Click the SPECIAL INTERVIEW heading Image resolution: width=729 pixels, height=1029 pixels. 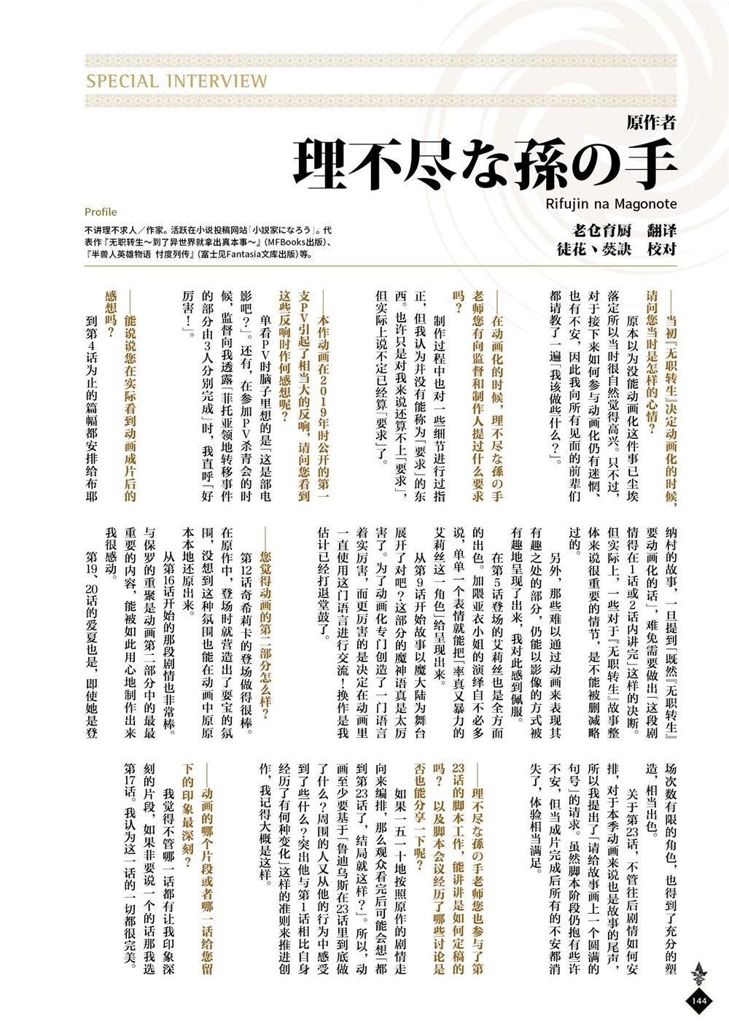(176, 81)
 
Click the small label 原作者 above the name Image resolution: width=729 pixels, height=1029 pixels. (651, 123)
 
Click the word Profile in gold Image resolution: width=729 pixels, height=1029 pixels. (101, 212)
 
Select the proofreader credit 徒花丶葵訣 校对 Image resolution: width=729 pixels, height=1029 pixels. (616, 249)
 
